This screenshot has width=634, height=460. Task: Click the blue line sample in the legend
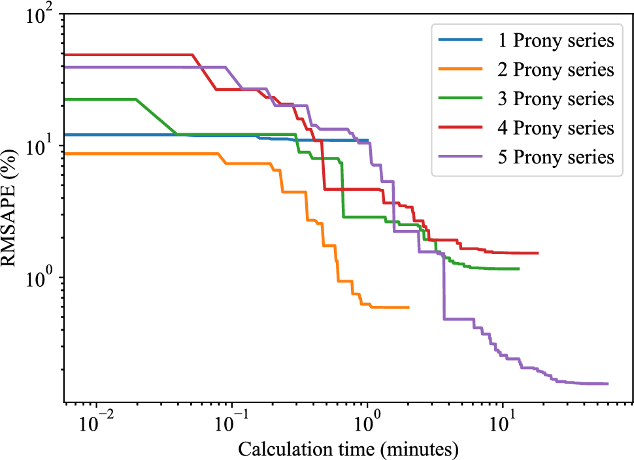460,41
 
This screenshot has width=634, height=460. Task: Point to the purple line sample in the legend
460,157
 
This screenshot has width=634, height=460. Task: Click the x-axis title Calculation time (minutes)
347,449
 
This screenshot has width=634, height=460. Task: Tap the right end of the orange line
409,307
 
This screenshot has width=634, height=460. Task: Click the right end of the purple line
608,384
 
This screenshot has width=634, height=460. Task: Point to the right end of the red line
537,253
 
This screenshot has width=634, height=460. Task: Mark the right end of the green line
518,269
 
